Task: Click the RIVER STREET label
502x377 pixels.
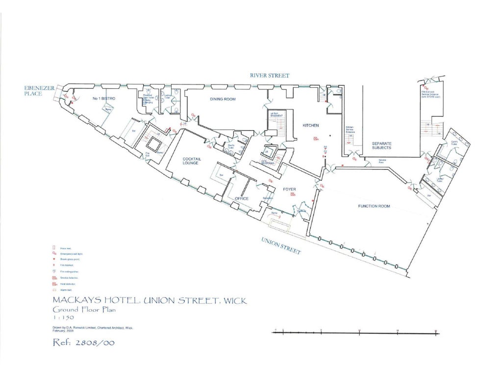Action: (269, 76)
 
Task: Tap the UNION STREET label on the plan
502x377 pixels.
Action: (281, 245)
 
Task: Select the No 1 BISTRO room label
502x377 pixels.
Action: (103, 99)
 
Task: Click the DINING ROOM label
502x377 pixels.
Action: (223, 99)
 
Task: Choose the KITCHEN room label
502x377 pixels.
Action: (310, 126)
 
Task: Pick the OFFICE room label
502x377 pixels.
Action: (242, 199)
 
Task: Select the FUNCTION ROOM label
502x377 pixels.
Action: (374, 206)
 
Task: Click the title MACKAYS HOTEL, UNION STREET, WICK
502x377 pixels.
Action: (150, 300)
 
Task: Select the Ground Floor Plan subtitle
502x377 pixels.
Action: (84, 310)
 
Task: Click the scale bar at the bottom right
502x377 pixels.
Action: (357, 333)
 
